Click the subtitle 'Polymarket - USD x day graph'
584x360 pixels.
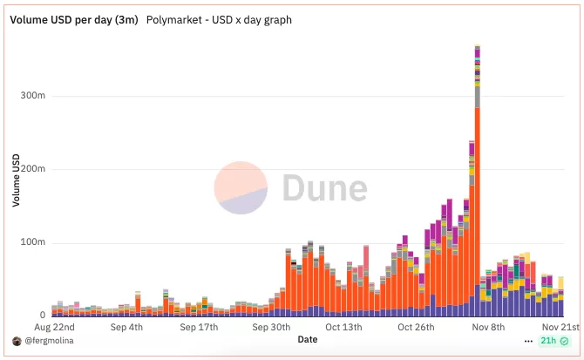tap(219, 19)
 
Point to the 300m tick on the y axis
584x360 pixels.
tap(33, 95)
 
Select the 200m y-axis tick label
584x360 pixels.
tap(33, 168)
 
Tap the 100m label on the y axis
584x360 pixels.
tap(33, 241)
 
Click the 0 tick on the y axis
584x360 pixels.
tap(43, 316)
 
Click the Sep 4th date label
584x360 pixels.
tap(127, 328)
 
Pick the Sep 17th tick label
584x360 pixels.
tap(199, 328)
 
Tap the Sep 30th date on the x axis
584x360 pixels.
tap(271, 328)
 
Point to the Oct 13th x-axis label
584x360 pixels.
tap(343, 328)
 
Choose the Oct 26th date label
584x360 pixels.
tap(416, 328)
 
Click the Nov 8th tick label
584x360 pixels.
tap(488, 328)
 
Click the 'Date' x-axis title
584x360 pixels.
tap(307, 339)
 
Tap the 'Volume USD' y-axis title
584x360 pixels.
tap(17, 180)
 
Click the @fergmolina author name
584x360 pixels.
tap(50, 341)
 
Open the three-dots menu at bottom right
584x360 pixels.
tap(528, 341)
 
